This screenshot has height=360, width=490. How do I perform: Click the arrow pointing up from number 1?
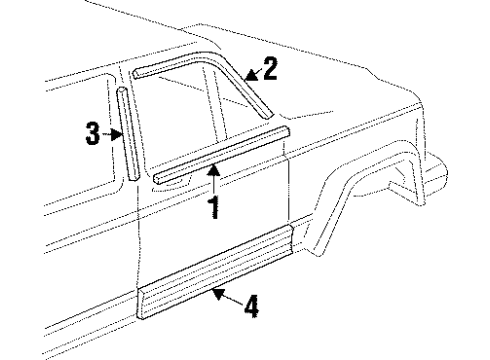(x=212, y=181)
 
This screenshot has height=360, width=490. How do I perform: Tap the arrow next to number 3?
(x=111, y=133)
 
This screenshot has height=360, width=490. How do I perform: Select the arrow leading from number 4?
(x=226, y=295)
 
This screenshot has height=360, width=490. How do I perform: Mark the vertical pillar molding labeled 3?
(x=127, y=134)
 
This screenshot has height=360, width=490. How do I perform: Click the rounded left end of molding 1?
(x=160, y=176)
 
